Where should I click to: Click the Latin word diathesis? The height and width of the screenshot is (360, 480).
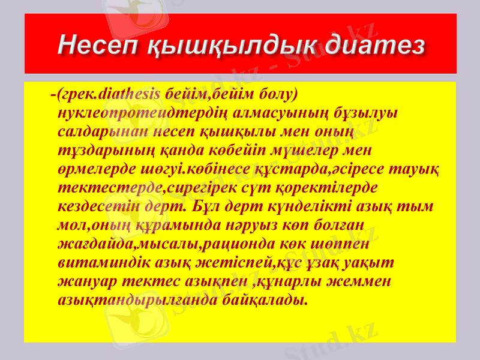pyautogui.click(x=128, y=94)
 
